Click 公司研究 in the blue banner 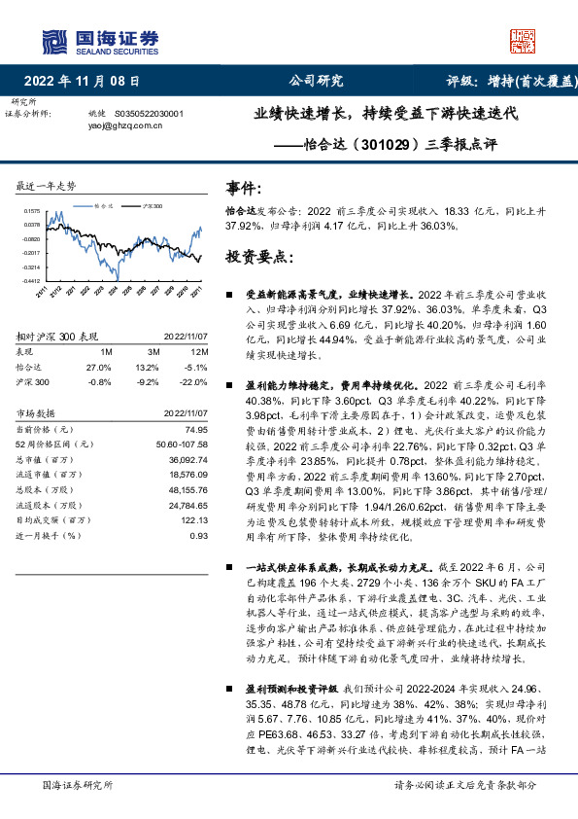pyautogui.click(x=316, y=82)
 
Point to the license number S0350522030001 pyautogui.click(x=155, y=113)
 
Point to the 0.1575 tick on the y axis pyautogui.click(x=33, y=210)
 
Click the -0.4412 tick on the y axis pyautogui.click(x=33, y=280)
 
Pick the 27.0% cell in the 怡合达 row pyautogui.click(x=99, y=368)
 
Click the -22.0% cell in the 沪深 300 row pyautogui.click(x=196, y=382)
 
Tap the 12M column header pyautogui.click(x=200, y=351)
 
